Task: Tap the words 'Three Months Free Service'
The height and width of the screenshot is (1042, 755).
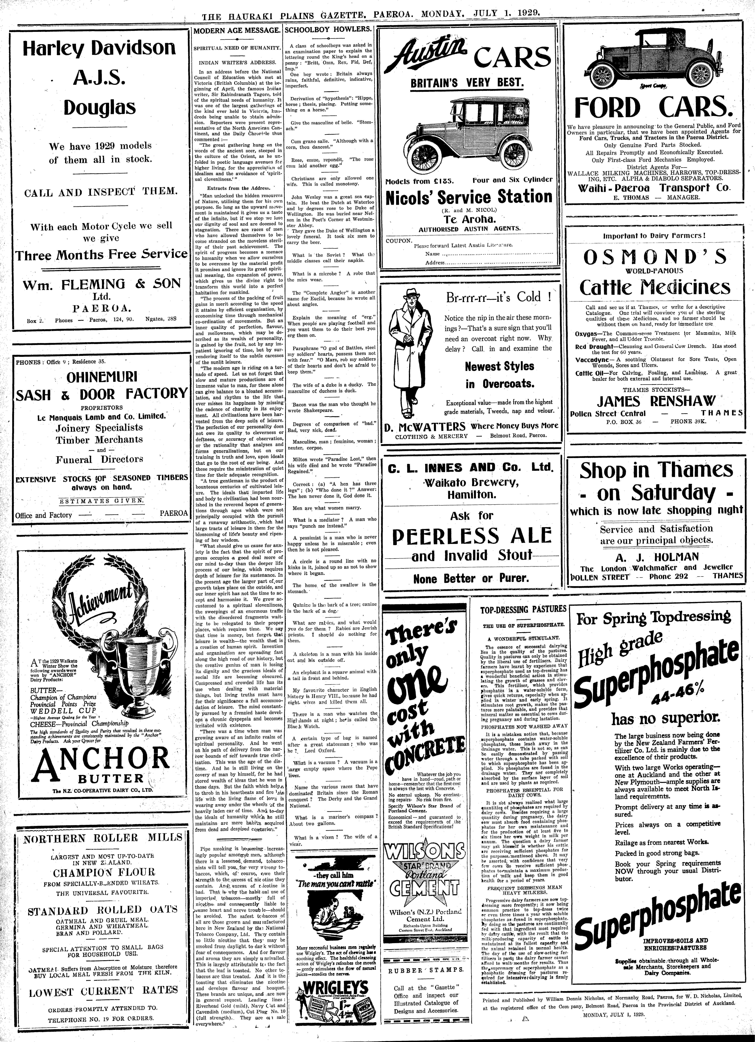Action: [101, 255]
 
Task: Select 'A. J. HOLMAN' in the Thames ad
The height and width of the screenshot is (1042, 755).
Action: [656, 557]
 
